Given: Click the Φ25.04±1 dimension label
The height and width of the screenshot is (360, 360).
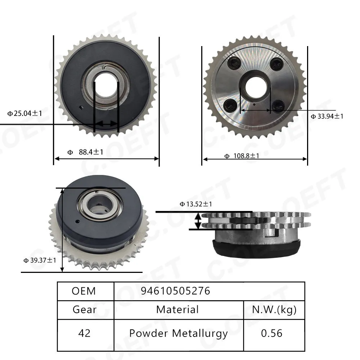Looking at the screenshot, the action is [x=24, y=113].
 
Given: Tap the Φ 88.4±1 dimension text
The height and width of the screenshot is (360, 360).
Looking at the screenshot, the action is [x=85, y=152].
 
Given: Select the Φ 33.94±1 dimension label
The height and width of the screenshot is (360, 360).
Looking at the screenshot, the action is [x=327, y=116].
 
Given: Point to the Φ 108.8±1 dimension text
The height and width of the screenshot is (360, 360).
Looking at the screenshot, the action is [x=242, y=156].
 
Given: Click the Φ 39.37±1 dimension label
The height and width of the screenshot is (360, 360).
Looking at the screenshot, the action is [x=40, y=260].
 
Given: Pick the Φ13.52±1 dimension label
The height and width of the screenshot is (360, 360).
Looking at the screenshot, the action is [x=196, y=204].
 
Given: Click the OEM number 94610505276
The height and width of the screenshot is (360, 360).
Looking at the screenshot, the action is [x=175, y=291].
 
